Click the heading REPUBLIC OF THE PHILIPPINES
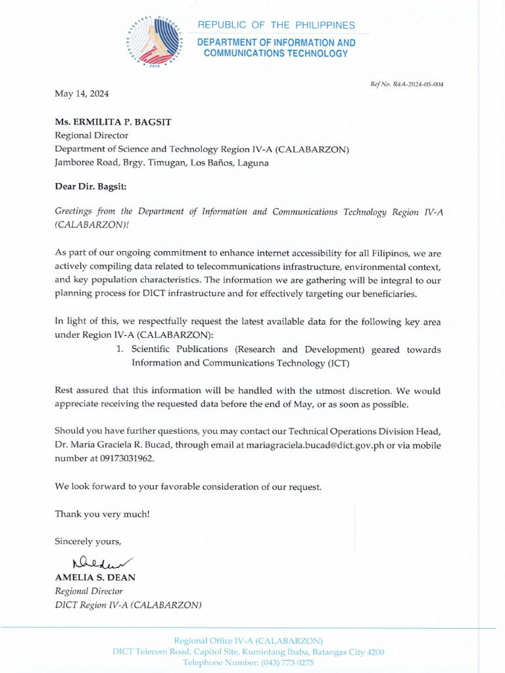pos(276,25)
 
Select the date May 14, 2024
pos(82,94)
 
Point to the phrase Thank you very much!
pos(102,514)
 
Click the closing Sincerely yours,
pos(88,541)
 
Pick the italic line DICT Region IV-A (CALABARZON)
pos(128,605)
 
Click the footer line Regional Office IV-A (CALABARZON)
pos(248,640)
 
